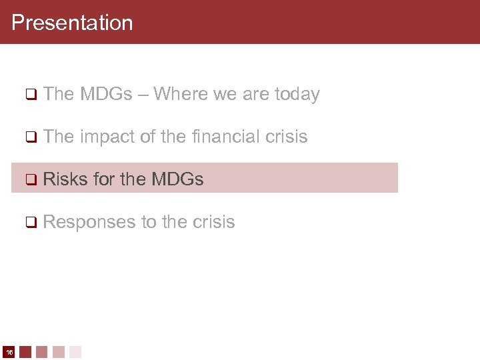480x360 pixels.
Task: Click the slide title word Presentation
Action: point(72,23)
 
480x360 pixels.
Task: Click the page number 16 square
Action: point(9,351)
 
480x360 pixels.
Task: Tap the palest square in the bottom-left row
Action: point(75,351)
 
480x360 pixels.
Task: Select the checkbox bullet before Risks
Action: point(30,179)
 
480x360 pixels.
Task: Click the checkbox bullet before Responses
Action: point(30,222)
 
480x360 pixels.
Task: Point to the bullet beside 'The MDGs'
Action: point(30,95)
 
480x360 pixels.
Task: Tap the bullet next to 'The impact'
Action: point(30,137)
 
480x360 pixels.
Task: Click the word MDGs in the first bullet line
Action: point(106,95)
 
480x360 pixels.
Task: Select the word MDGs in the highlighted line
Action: point(177,179)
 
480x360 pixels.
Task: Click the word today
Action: point(297,95)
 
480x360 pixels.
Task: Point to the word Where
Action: point(181,95)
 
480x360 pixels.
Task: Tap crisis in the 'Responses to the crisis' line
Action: point(215,222)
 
